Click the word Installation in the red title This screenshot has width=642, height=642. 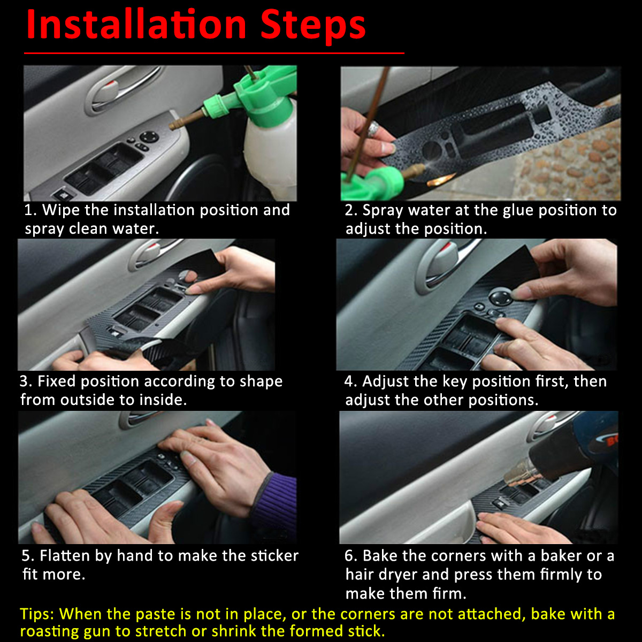136,25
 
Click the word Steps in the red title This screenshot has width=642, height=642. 313,27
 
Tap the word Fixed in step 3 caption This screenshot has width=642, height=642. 57,381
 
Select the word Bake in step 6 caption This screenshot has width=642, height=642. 380,556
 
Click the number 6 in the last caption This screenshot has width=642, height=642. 349,556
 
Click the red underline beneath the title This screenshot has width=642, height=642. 214,52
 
